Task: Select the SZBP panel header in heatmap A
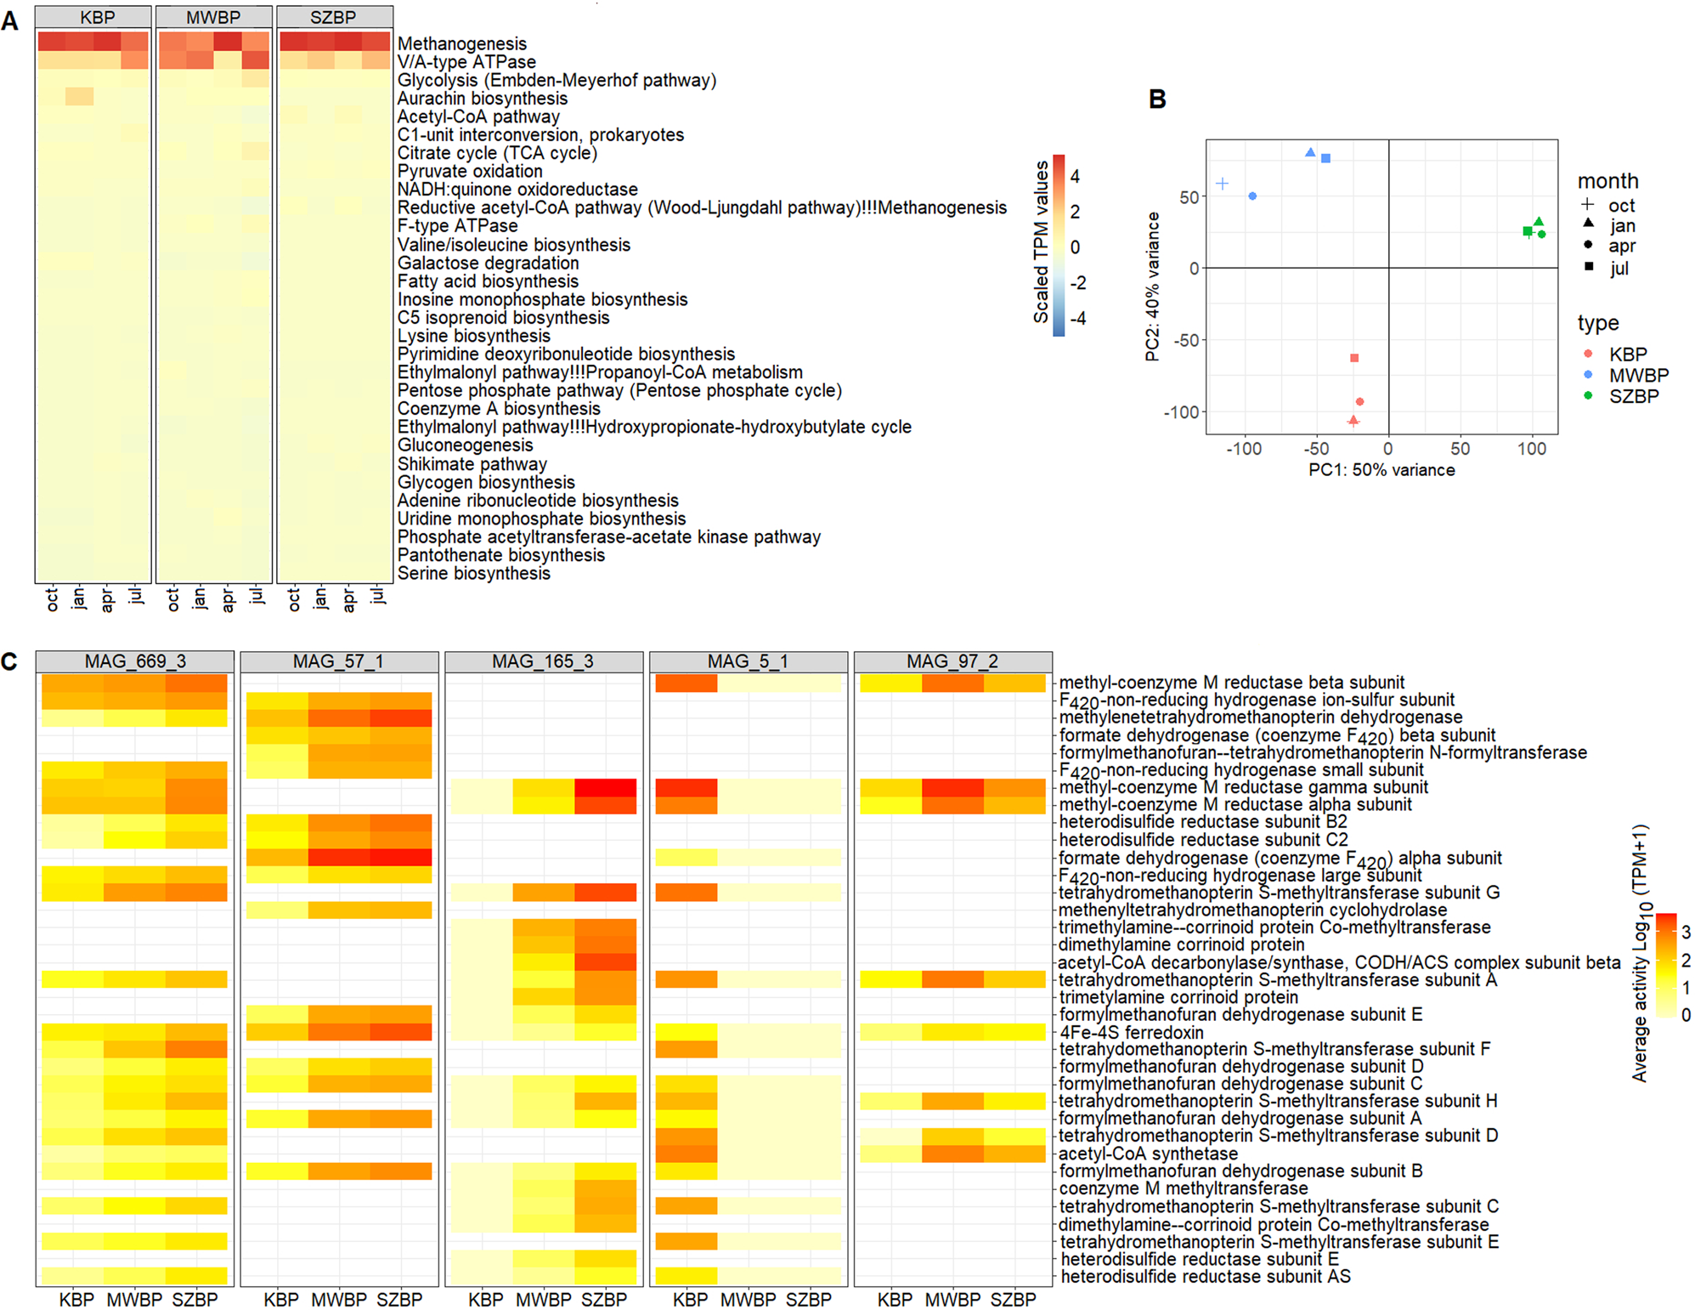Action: pyautogui.click(x=334, y=17)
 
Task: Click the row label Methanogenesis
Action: pyautogui.click(x=461, y=43)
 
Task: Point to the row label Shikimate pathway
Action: pyautogui.click(x=472, y=464)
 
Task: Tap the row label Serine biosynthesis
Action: pyautogui.click(x=473, y=574)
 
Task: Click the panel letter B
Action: pyautogui.click(x=1156, y=99)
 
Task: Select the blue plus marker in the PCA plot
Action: pyautogui.click(x=1222, y=184)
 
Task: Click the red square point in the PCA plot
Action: pyautogui.click(x=1354, y=358)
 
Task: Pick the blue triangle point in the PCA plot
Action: pyautogui.click(x=1310, y=153)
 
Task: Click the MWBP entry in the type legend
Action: pyautogui.click(x=1637, y=375)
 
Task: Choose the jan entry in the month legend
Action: pyautogui.click(x=1621, y=226)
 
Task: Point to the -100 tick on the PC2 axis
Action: pyautogui.click(x=1181, y=412)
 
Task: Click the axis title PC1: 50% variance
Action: pyautogui.click(x=1381, y=470)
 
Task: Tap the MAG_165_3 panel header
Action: pyautogui.click(x=543, y=661)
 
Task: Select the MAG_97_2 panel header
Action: pyautogui.click(x=952, y=661)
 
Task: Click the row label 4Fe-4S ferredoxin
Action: pyautogui.click(x=1131, y=1033)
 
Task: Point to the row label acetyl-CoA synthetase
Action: pyautogui.click(x=1148, y=1154)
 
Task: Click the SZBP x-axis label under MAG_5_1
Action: pyautogui.click(x=808, y=1300)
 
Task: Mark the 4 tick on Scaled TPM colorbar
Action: pyautogui.click(x=1075, y=177)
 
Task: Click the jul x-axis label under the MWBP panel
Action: pyautogui.click(x=256, y=596)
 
